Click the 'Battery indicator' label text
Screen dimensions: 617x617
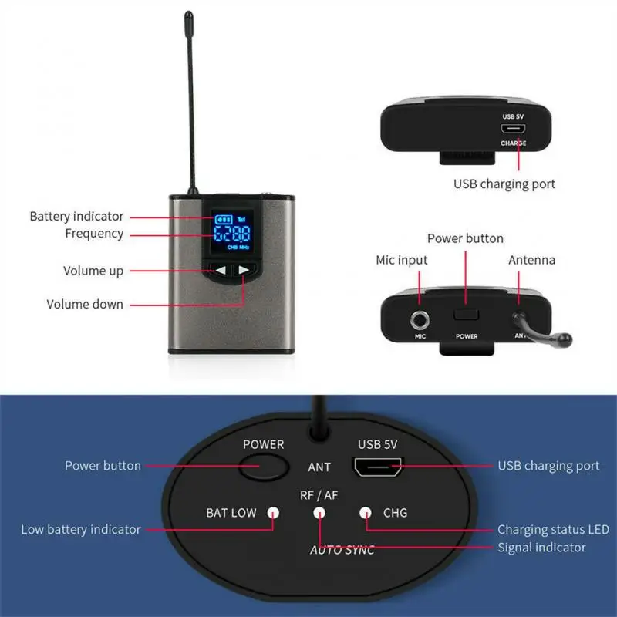[76, 217]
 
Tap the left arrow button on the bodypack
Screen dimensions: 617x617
[221, 270]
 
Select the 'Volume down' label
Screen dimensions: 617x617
[85, 304]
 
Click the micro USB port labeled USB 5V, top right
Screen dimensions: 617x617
[512, 130]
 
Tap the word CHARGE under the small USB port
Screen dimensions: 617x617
[513, 143]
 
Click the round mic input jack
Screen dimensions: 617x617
[421, 318]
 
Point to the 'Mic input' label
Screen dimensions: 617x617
[401, 260]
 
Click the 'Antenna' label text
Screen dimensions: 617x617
[531, 260]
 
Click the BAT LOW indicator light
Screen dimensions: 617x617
[272, 512]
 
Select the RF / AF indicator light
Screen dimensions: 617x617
[319, 512]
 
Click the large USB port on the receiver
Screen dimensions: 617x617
[377, 467]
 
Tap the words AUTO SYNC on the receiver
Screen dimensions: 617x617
[342, 550]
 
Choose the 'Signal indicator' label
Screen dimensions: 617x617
[541, 548]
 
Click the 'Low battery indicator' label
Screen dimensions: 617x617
[81, 529]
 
